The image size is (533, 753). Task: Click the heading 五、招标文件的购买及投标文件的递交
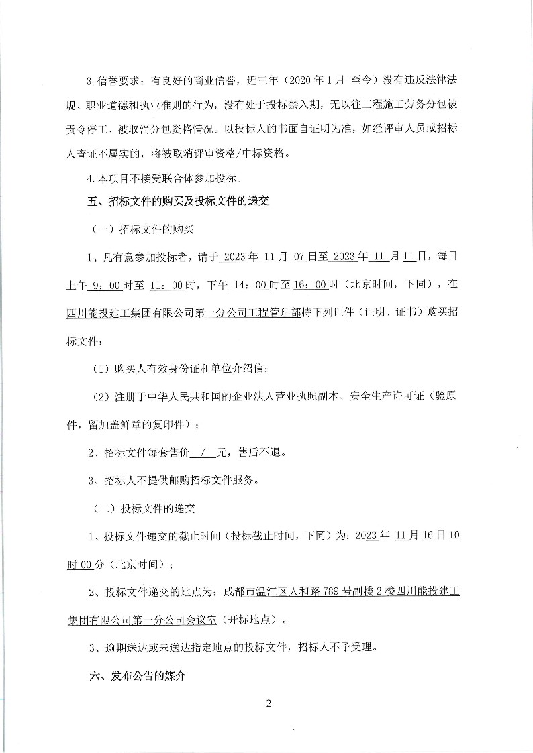pos(179,202)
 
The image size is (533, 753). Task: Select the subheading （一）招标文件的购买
pos(142,229)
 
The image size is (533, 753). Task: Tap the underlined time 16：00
pos(311,285)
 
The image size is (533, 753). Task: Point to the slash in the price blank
pos(203,453)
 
